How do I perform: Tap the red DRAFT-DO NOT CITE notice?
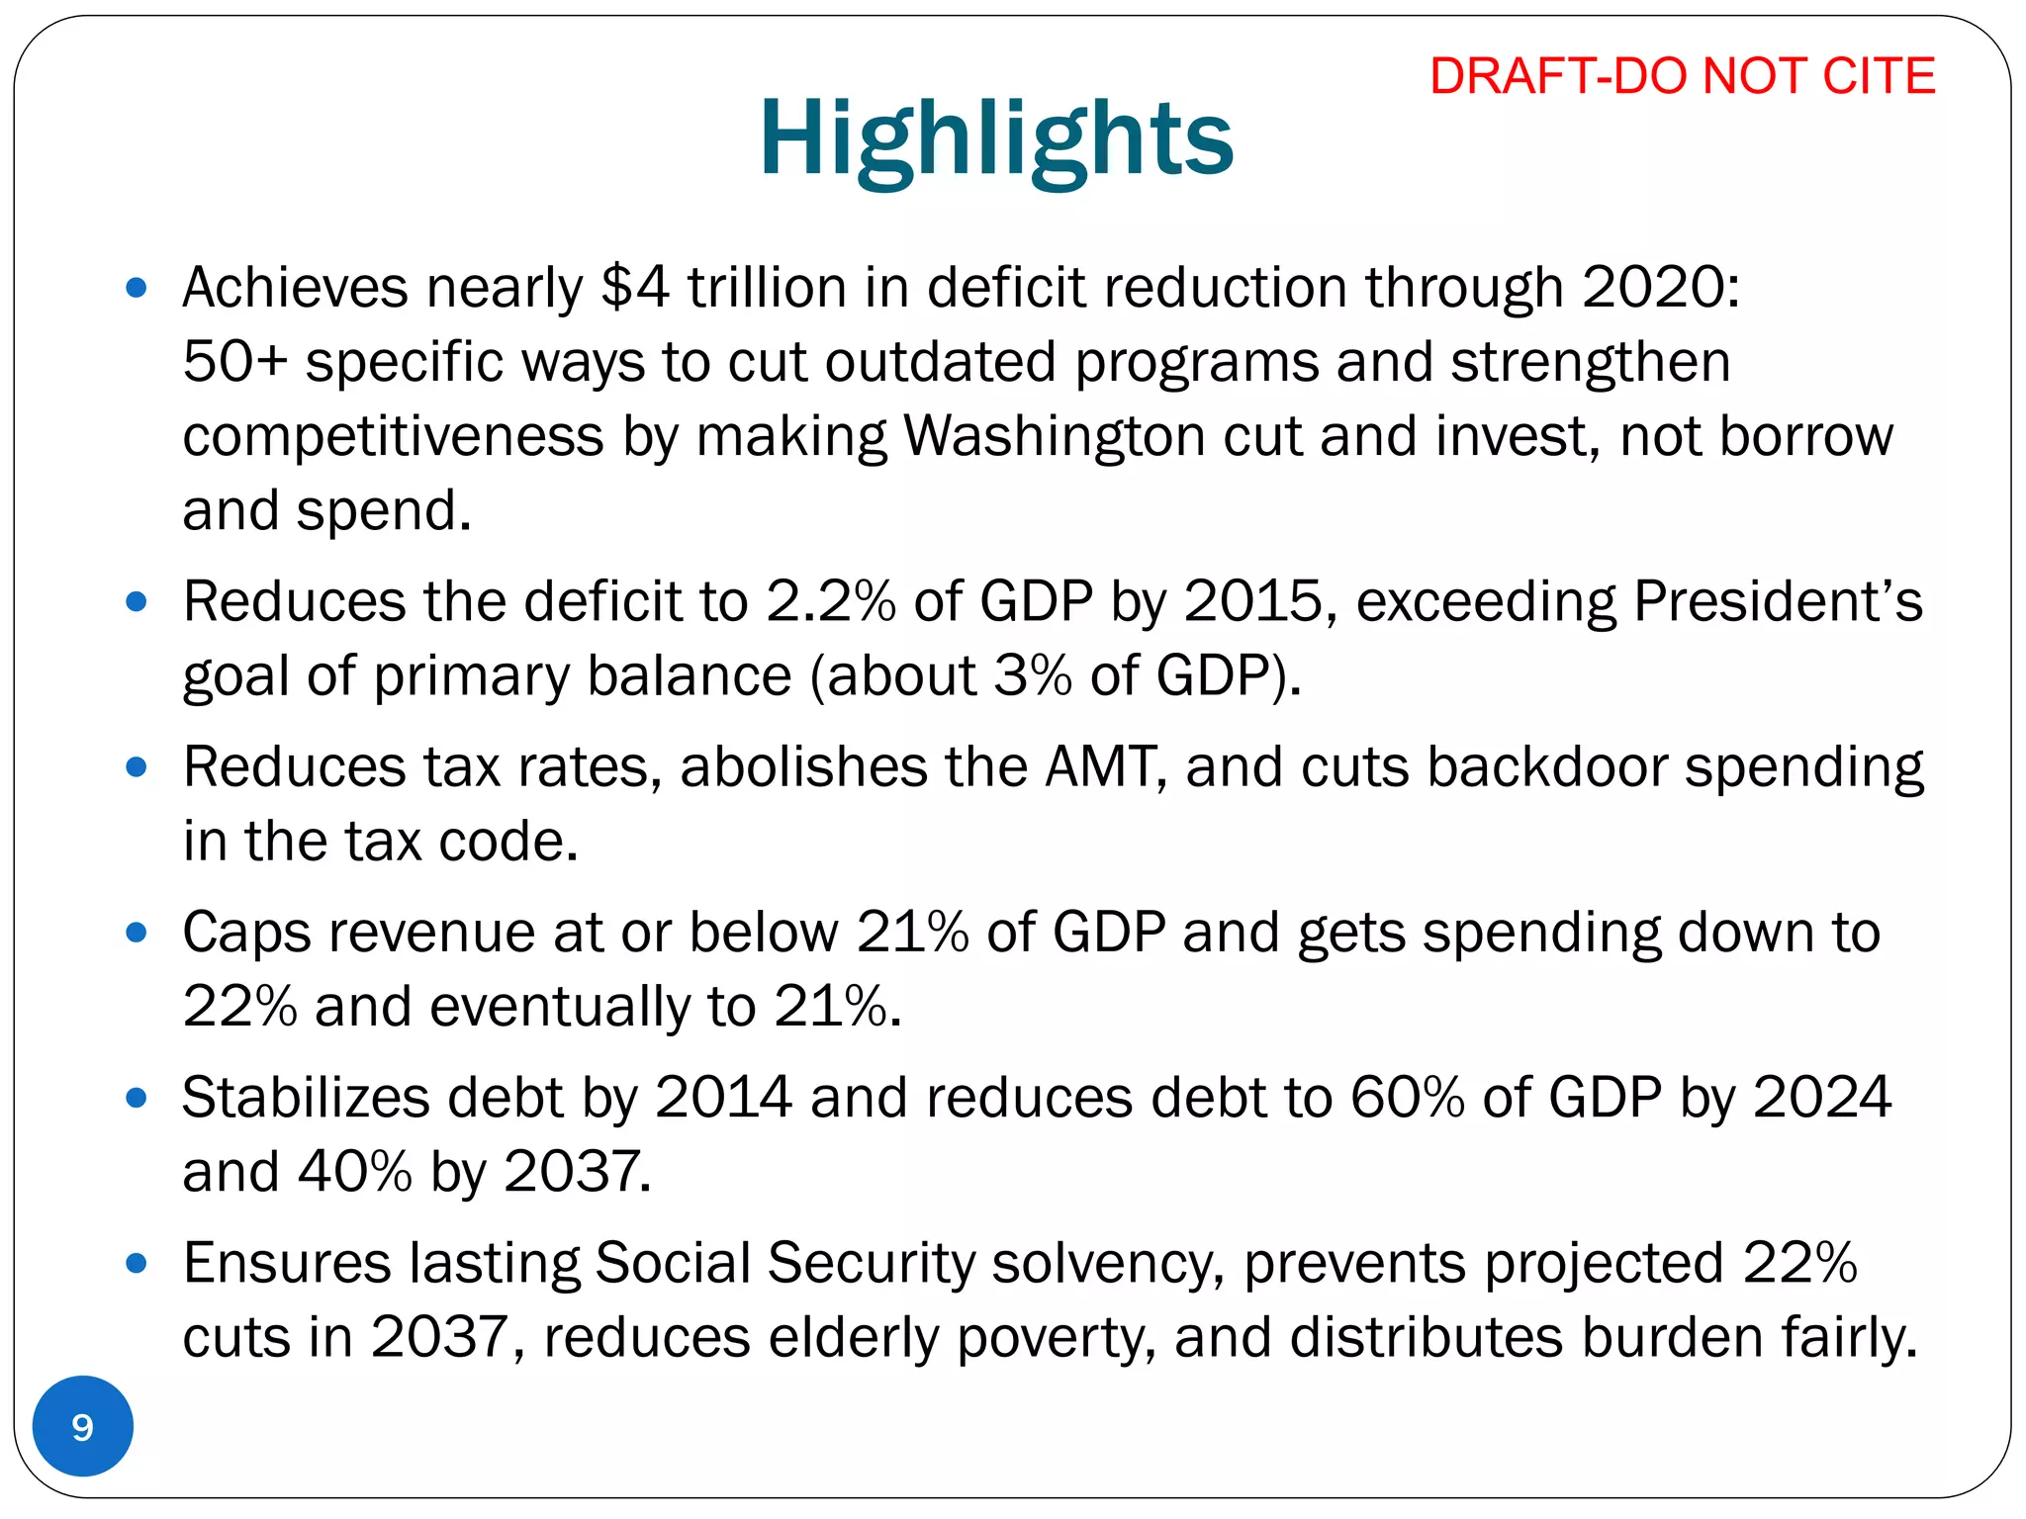coord(1682,76)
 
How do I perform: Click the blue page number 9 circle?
coord(83,1426)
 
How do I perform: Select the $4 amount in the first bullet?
coord(634,288)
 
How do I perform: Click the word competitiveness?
coord(393,436)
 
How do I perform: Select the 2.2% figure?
coord(831,601)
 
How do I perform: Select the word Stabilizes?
coord(306,1098)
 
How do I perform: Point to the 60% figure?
coord(1408,1098)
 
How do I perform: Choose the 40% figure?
coord(354,1172)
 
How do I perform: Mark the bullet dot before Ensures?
coord(138,1263)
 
